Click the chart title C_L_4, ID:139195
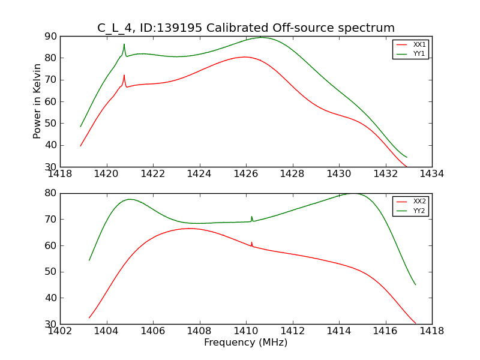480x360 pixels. [x=246, y=28]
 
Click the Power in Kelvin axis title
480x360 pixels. [x=37, y=101]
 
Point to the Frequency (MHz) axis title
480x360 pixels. [x=245, y=343]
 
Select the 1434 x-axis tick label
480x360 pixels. [x=431, y=174]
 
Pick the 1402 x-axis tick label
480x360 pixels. [x=61, y=331]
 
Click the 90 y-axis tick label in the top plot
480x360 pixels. [x=51, y=37]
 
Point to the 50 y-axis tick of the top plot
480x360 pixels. [x=51, y=123]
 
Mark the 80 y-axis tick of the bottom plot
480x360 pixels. [x=51, y=193]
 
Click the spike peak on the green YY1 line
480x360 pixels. [x=124, y=44]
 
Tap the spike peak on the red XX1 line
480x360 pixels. [x=124, y=76]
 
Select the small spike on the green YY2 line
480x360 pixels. [x=252, y=217]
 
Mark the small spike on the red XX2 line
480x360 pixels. [x=252, y=242]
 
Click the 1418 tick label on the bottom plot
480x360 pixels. [x=431, y=331]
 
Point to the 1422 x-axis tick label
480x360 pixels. [x=153, y=174]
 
